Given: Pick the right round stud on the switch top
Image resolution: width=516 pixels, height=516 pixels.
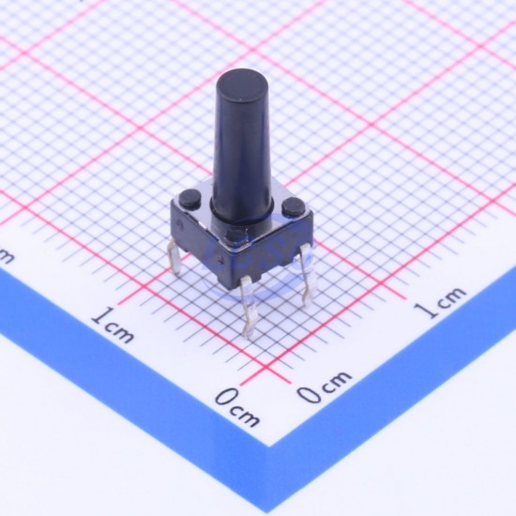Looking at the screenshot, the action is click(x=294, y=205).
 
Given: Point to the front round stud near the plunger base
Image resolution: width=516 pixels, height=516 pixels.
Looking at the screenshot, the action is click(x=235, y=235).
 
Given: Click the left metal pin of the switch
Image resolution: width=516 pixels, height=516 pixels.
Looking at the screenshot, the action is click(x=175, y=257).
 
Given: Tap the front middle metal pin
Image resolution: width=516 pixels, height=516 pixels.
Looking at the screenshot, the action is click(x=249, y=306).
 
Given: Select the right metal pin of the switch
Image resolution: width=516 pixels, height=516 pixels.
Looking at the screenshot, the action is click(x=308, y=274).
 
